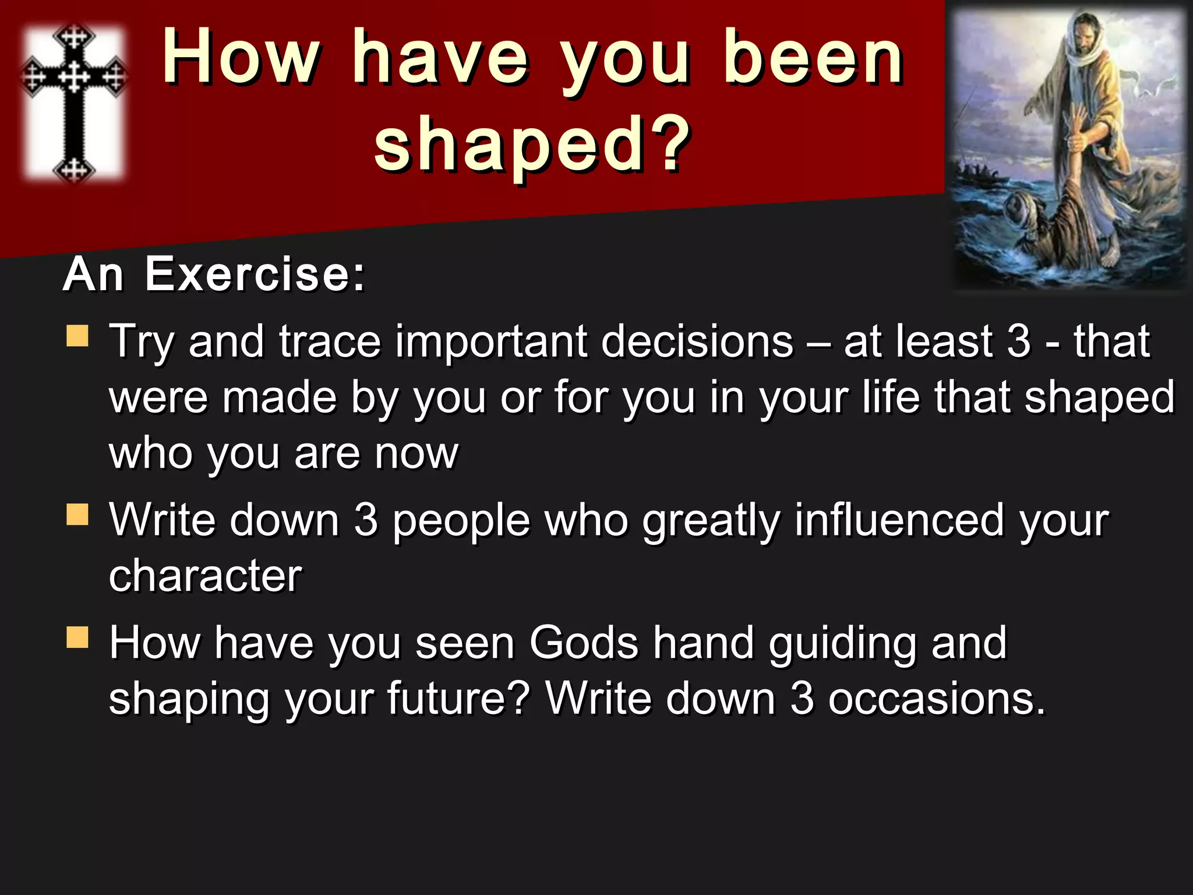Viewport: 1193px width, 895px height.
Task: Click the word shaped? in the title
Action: (x=532, y=144)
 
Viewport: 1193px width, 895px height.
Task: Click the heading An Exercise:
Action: (x=214, y=274)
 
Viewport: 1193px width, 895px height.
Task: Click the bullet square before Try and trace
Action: (x=77, y=336)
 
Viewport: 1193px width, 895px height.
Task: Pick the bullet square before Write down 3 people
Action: (x=77, y=515)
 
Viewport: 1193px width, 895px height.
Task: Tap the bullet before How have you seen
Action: (x=77, y=637)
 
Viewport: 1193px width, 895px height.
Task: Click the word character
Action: (x=205, y=576)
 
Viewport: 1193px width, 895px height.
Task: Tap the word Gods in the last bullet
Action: (x=584, y=643)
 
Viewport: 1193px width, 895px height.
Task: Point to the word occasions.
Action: (x=937, y=699)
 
